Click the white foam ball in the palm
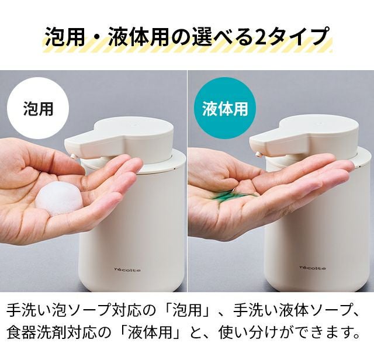pyautogui.click(x=59, y=198)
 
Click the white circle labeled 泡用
pyautogui.click(x=38, y=109)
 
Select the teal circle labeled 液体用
pyautogui.click(x=226, y=109)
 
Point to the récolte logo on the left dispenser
pyautogui.click(x=127, y=270)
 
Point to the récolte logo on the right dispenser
pyautogui.click(x=313, y=268)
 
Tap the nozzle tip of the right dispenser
pyautogui.click(x=258, y=154)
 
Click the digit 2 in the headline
pyautogui.click(x=261, y=36)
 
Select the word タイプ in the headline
pyautogui.click(x=298, y=36)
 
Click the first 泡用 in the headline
pyautogui.click(x=65, y=36)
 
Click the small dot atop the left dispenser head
pyautogui.click(x=134, y=124)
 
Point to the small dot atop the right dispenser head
pyautogui.click(x=318, y=124)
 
